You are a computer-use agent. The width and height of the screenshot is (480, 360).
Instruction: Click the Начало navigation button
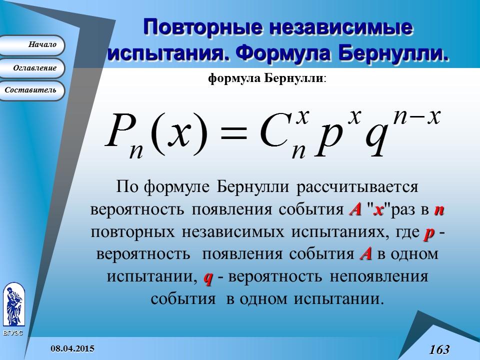tap(32, 45)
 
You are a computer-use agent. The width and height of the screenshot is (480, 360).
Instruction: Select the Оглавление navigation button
tap(32, 68)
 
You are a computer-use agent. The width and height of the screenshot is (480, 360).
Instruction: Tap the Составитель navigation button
tap(32, 90)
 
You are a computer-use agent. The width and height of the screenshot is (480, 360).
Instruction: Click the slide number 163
tap(439, 349)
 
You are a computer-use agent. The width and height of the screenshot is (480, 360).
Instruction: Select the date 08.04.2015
tap(72, 347)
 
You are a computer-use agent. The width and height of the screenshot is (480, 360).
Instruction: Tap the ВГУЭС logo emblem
tap(13, 305)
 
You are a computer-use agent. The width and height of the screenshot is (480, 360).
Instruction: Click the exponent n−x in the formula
tap(416, 117)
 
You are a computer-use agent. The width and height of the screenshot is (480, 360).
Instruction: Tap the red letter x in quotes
tap(378, 210)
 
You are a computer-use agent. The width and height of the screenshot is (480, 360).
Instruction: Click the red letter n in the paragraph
tap(438, 210)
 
